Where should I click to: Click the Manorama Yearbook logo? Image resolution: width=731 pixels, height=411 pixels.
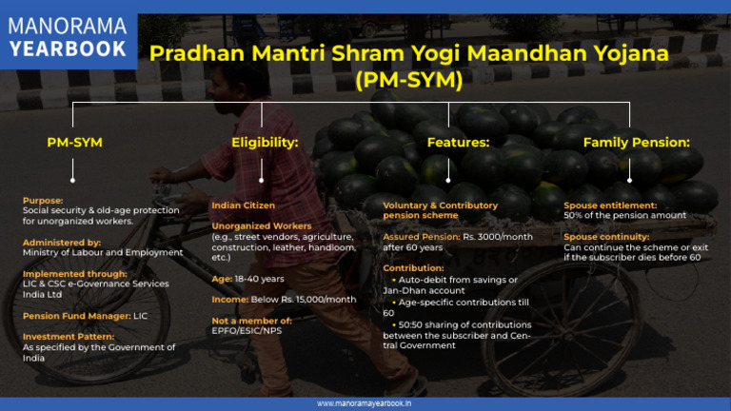(x=69, y=38)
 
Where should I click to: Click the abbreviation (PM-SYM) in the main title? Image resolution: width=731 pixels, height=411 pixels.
(x=409, y=79)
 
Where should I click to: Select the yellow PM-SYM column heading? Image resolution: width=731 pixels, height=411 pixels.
(x=74, y=142)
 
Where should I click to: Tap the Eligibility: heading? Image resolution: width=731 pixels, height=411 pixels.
(x=265, y=142)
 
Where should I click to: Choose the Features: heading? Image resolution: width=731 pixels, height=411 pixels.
(x=458, y=142)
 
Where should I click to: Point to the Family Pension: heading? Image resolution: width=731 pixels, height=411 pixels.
(x=637, y=142)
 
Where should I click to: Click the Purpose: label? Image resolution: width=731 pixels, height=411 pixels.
(x=43, y=201)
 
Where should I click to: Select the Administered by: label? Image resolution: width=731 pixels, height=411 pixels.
(x=62, y=243)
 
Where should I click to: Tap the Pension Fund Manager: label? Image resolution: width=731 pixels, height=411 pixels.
(x=77, y=316)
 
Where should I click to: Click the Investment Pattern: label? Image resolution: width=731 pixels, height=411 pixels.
(x=69, y=337)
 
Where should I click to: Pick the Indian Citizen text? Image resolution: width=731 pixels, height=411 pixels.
(x=243, y=205)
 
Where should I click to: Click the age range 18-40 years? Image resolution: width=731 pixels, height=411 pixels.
(x=259, y=279)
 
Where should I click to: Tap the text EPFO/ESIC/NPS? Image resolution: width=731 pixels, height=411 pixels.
(x=247, y=330)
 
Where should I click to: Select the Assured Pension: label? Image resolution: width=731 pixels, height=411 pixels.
(x=422, y=237)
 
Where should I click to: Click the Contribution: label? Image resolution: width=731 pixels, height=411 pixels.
(x=413, y=268)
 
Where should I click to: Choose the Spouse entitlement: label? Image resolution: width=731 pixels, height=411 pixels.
(x=610, y=205)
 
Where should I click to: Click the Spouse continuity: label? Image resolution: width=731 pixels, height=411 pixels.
(x=606, y=237)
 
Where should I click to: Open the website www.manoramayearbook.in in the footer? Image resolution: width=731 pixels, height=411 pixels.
(x=365, y=403)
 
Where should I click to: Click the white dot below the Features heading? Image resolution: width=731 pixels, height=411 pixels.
(x=448, y=181)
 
